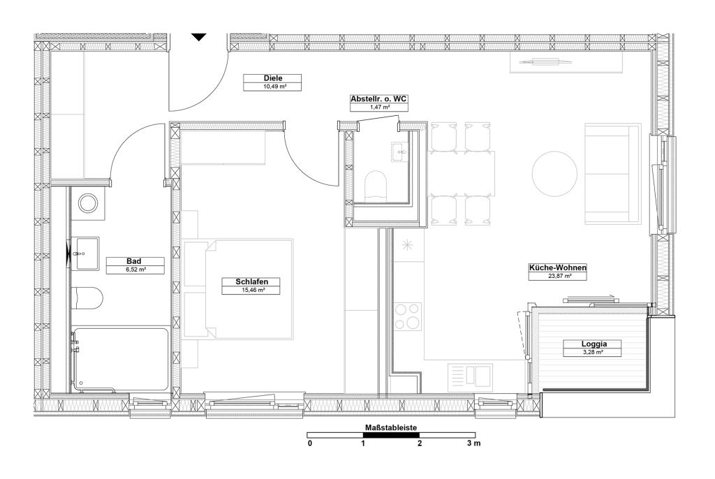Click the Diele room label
coord(273,78)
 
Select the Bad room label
coord(133,261)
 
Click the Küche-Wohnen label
coord(557,268)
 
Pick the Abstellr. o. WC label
coord(378,98)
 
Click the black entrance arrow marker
coord(199,37)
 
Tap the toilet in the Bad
coord(87,298)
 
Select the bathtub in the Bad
coord(119,360)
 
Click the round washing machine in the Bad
coord(87,202)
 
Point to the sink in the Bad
coord(87,253)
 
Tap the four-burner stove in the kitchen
coord(408,316)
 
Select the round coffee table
coord(554,174)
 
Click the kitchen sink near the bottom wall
coord(470,377)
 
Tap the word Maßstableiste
coord(391,427)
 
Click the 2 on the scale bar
coord(420,443)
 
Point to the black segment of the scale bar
coord(391,435)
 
